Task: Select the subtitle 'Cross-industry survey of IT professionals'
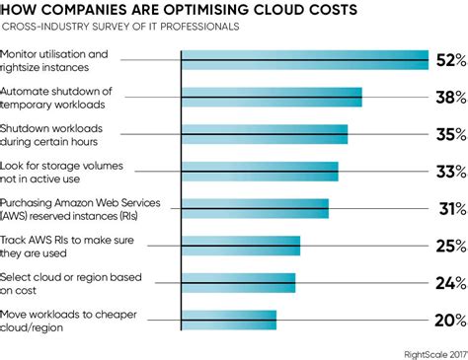click(x=122, y=28)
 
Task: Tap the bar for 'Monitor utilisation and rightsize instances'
click(x=304, y=60)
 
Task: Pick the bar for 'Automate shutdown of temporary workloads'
click(x=272, y=97)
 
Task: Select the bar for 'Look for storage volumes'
click(x=260, y=171)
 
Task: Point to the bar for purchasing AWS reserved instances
click(x=255, y=208)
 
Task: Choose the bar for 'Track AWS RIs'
click(x=240, y=246)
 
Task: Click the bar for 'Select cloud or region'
click(x=238, y=282)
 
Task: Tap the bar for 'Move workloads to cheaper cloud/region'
click(x=228, y=320)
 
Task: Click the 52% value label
click(x=448, y=60)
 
